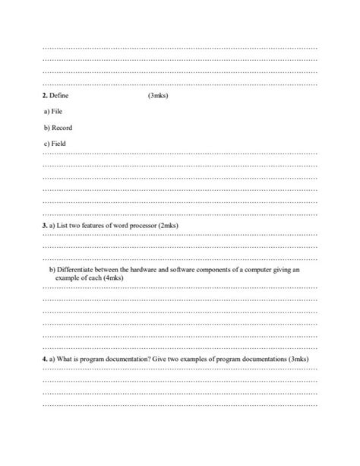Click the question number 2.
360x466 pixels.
45,97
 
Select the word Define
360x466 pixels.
59,97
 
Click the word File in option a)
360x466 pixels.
58,113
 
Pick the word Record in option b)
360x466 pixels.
62,128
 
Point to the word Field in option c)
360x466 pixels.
59,143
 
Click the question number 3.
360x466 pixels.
45,226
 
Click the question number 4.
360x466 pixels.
45,359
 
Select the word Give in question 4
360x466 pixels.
174,359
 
